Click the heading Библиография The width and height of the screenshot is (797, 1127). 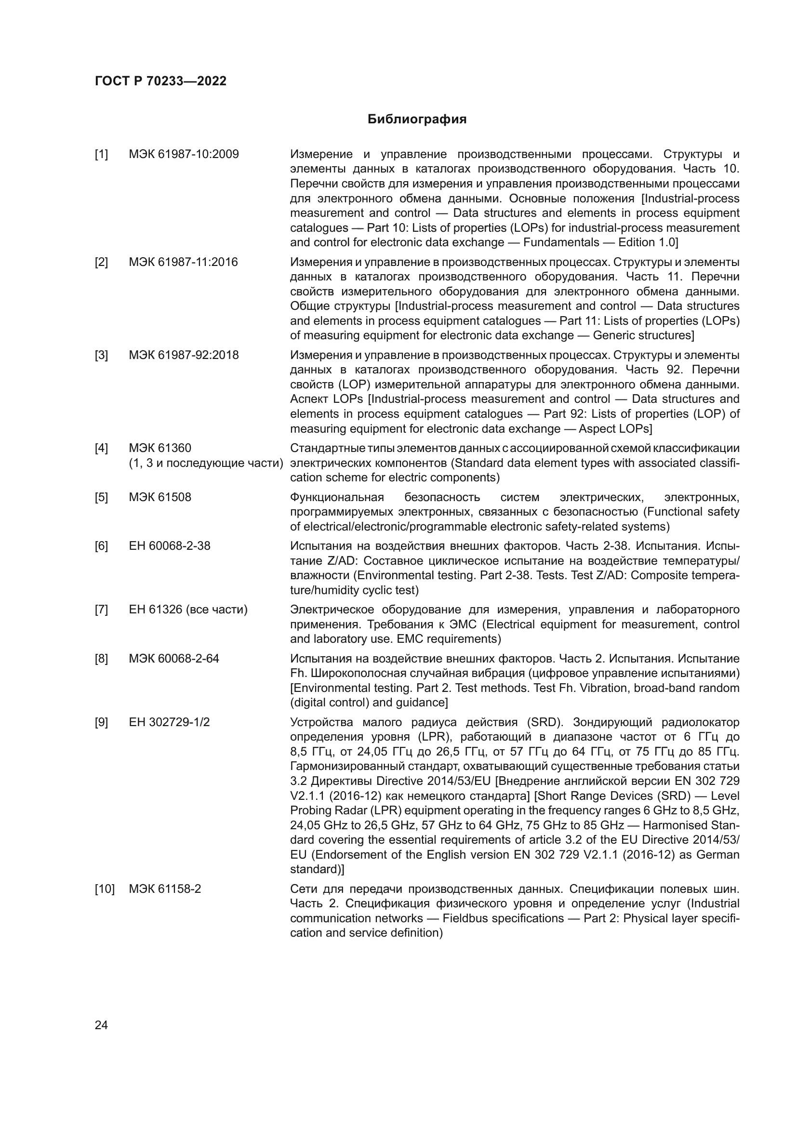[417, 119]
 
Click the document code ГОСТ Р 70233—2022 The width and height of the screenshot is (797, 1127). [160, 81]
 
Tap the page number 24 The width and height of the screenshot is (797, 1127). [101, 1025]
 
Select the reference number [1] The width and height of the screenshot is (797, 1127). [101, 155]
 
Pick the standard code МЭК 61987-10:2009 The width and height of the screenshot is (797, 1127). [184, 155]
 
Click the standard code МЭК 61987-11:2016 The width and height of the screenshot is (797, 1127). [183, 262]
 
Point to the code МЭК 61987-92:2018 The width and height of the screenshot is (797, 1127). [184, 355]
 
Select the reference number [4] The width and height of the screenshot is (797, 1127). [101, 448]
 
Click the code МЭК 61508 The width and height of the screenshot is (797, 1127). [160, 497]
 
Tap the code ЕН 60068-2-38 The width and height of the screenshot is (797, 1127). [169, 546]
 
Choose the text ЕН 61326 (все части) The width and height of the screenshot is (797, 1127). [188, 610]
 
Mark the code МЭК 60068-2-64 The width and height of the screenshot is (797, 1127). [174, 658]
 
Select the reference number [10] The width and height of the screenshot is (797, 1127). [104, 889]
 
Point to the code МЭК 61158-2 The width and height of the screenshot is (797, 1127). [165, 889]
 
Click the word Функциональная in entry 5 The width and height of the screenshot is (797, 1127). [337, 497]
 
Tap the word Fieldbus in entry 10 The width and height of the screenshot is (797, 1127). [465, 918]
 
